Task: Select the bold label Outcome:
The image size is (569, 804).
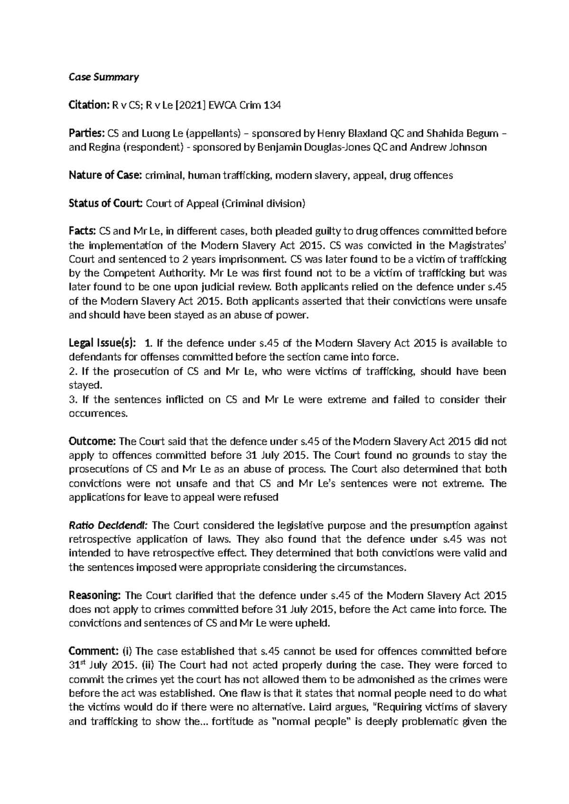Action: click(92, 442)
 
